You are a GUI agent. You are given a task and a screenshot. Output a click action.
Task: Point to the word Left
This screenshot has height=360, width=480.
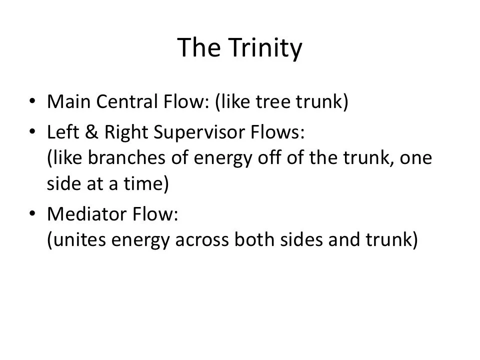tap(62, 133)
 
